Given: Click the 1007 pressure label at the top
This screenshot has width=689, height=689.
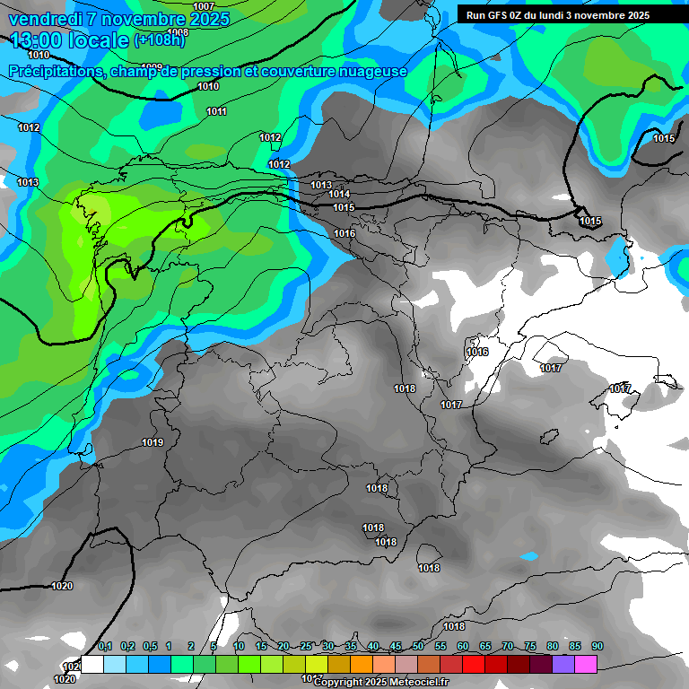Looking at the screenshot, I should [204, 6].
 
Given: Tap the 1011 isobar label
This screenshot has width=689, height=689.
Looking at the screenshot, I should [216, 111].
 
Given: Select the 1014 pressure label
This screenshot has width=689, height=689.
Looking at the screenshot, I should [339, 194].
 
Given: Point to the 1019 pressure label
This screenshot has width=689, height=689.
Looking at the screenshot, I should [153, 442].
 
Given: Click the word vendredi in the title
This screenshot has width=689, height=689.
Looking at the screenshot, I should [44, 19].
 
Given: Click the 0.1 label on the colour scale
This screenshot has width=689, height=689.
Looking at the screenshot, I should [105, 647].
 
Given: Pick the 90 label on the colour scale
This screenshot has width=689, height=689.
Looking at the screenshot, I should [597, 647].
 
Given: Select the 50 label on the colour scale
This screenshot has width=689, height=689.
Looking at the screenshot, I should [418, 647].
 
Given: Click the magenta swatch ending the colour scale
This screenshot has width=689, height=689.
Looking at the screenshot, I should [586, 664].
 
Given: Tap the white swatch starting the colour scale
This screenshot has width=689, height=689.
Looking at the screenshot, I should [92, 664].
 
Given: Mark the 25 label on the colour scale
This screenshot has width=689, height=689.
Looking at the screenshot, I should [306, 647].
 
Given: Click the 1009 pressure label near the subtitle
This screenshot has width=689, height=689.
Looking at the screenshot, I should [152, 66].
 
